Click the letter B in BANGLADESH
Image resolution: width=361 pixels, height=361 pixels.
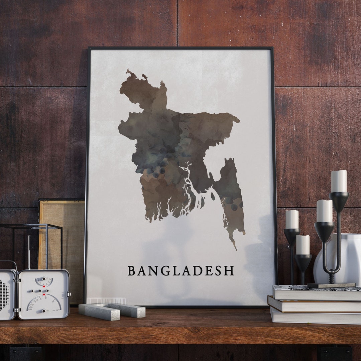(x=132, y=271)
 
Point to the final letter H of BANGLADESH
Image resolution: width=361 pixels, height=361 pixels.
(x=229, y=271)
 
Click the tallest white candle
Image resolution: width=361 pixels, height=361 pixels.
(x=339, y=181)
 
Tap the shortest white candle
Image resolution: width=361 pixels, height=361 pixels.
(x=303, y=245)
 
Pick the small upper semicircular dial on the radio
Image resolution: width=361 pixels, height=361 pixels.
(x=44, y=281)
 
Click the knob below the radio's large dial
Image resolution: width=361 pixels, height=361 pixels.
(x=43, y=311)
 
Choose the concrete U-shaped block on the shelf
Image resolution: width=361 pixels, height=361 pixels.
(x=112, y=311)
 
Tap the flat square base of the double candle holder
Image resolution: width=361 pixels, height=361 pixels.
(x=331, y=285)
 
